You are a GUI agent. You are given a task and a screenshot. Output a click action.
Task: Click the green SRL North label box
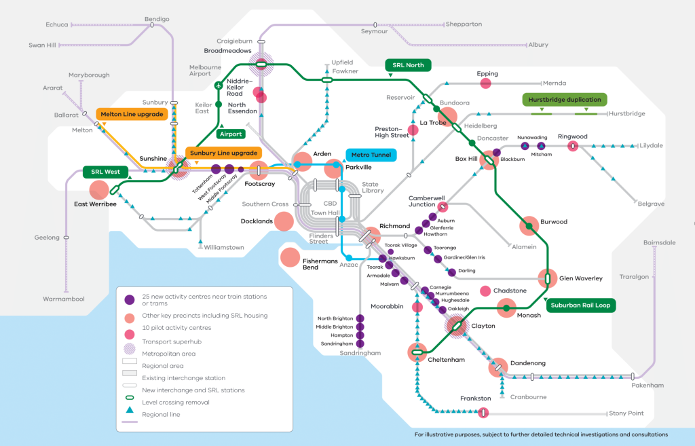[408, 65]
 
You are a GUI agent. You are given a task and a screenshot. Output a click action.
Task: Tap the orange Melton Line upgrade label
[132, 114]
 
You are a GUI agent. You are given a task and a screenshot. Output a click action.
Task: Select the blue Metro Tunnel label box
[371, 155]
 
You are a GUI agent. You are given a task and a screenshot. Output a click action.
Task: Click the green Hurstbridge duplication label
[564, 100]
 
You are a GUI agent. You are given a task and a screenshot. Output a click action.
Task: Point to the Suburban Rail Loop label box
[581, 305]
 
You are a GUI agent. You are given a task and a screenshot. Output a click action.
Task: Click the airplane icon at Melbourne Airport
[219, 85]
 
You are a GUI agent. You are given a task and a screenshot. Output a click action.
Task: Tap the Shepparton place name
[464, 24]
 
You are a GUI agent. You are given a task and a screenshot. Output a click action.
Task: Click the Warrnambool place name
[63, 299]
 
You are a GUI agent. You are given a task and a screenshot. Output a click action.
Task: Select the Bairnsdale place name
[659, 242]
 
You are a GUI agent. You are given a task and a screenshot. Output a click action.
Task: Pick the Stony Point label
[626, 413]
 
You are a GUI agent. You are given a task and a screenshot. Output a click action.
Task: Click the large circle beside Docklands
[284, 221]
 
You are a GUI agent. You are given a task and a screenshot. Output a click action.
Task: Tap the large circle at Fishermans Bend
[290, 257]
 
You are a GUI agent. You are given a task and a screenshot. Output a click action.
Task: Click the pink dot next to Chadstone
[485, 291]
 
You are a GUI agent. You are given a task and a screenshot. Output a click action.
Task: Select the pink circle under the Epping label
[486, 83]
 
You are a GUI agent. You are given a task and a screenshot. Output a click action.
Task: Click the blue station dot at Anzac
[349, 258]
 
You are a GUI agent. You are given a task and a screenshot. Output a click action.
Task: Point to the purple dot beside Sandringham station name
[360, 343]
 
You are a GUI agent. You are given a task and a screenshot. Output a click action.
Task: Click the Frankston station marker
[483, 413]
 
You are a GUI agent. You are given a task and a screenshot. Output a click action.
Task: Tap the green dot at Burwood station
[529, 226]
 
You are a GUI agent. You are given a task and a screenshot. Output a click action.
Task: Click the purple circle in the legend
[130, 300]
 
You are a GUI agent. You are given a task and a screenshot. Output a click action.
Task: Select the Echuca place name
[57, 25]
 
